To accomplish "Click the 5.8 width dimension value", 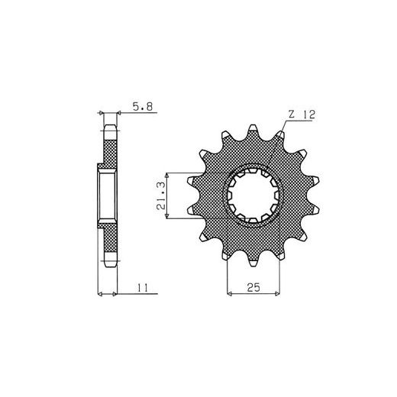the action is point(143,107).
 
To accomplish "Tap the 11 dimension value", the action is point(143,288).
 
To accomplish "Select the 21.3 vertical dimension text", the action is point(161,196).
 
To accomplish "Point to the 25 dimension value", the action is point(253,287).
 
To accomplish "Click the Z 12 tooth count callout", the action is point(302,115).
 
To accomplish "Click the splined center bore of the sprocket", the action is point(253,195).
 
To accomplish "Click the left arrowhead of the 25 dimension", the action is point(229,294).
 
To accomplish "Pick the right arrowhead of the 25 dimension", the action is point(278,294).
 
